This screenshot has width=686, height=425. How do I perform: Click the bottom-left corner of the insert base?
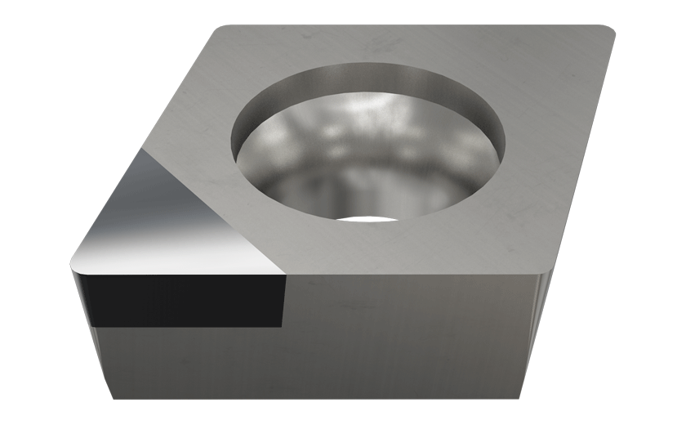point(114,398)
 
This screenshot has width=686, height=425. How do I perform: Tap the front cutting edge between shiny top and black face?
point(180,273)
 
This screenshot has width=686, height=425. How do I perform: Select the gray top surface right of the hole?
point(555,139)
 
